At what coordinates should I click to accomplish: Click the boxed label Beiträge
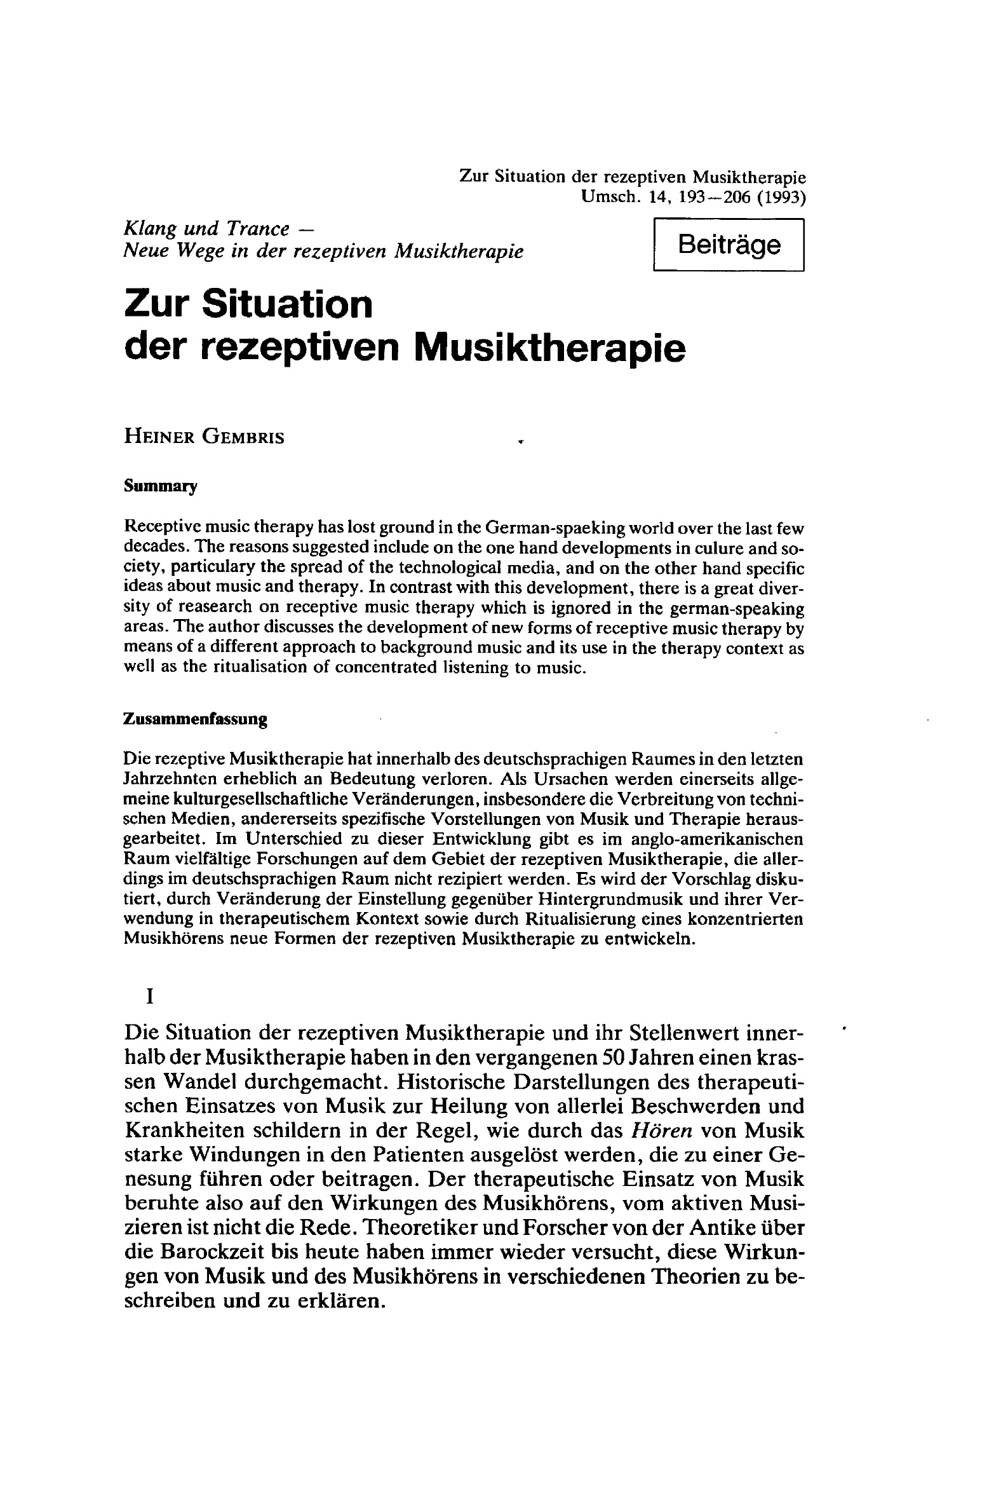coord(729,245)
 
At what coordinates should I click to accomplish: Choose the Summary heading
coord(161,487)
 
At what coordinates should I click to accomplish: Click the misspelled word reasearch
coord(238,608)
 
